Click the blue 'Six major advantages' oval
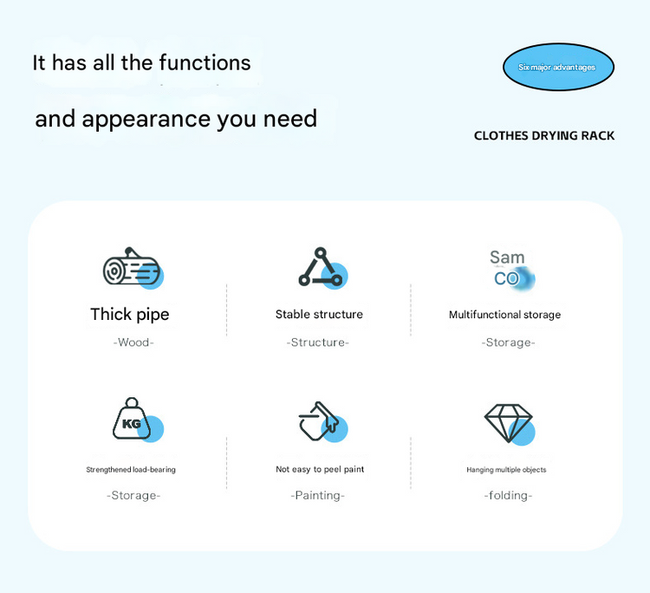tap(558, 68)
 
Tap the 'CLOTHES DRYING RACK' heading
tap(544, 136)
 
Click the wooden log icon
tap(132, 269)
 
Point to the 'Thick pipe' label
tap(130, 315)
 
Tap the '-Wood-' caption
tap(133, 342)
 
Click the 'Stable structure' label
tap(319, 315)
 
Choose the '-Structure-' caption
tap(318, 342)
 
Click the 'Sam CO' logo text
tap(508, 268)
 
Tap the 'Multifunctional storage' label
tap(504, 315)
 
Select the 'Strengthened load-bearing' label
tap(131, 470)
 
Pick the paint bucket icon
tap(319, 421)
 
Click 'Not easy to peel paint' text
tap(320, 469)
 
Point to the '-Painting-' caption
tap(318, 496)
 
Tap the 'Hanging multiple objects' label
tap(506, 470)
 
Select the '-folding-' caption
tap(508, 496)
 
